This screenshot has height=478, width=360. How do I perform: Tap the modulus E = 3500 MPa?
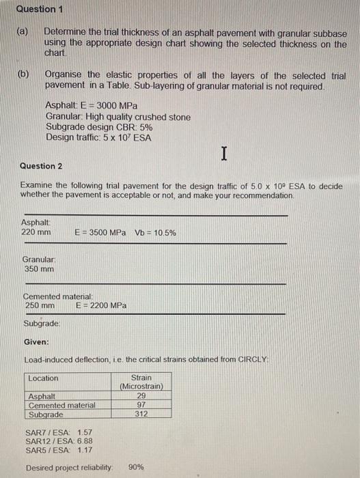pyautogui.click(x=100, y=233)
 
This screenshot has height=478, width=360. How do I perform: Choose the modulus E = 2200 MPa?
pyautogui.click(x=100, y=305)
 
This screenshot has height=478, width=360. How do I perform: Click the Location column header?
pyautogui.click(x=44, y=378)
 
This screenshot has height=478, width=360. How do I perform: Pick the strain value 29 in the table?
pyautogui.click(x=141, y=396)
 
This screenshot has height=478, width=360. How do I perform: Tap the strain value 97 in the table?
pyautogui.click(x=141, y=405)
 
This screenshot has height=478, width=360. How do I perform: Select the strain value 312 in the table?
pyautogui.click(x=141, y=414)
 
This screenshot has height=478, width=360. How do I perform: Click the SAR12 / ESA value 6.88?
pyautogui.click(x=85, y=440)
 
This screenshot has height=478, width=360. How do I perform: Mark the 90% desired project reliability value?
pyautogui.click(x=136, y=467)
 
